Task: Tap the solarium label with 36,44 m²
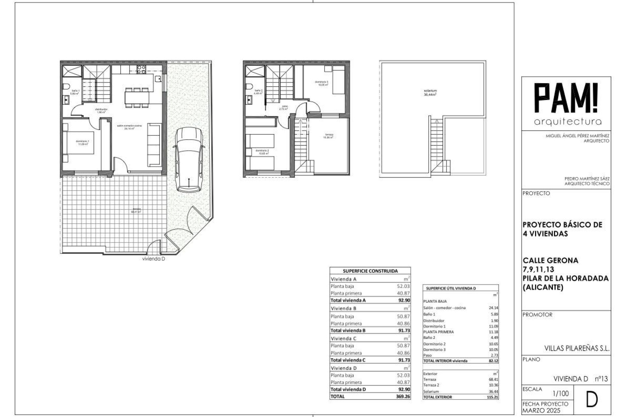(x=430, y=93)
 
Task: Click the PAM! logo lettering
(x=567, y=98)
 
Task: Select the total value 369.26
(x=403, y=396)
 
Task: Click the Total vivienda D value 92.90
(x=404, y=389)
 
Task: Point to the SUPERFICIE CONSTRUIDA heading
(x=370, y=271)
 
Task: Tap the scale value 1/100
(x=561, y=394)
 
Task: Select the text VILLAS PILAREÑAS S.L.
(x=577, y=348)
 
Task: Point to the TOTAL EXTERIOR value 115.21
(x=492, y=397)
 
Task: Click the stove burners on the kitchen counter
(x=141, y=69)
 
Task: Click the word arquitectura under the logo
(x=567, y=122)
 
